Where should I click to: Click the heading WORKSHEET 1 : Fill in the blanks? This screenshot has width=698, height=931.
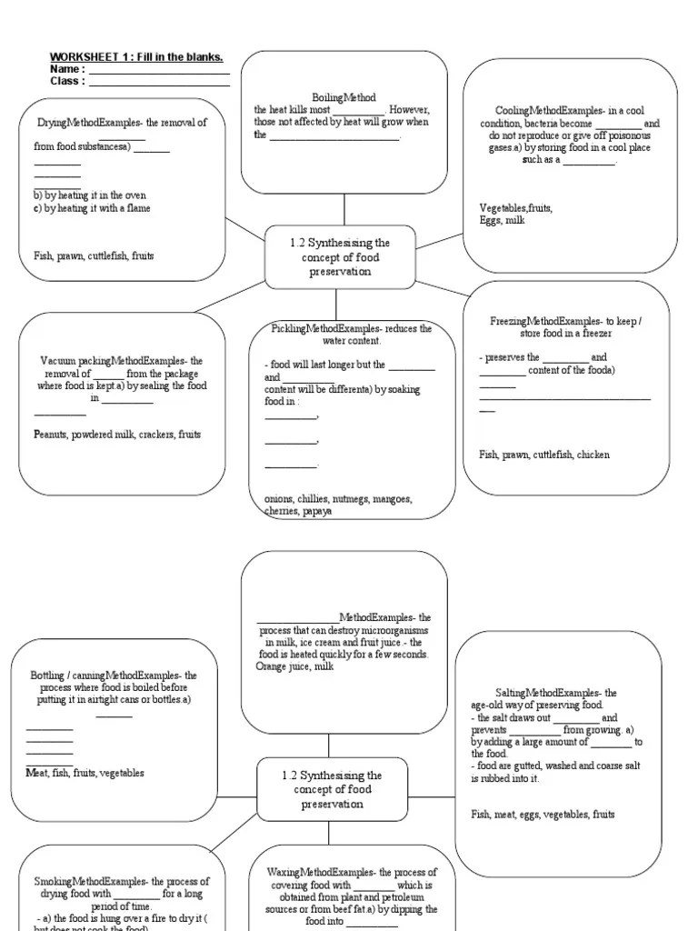tap(136, 57)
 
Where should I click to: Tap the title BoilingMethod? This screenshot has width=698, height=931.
tap(344, 97)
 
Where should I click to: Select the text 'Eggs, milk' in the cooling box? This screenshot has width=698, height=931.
tap(503, 220)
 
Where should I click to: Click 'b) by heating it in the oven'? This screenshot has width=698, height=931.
tap(89, 195)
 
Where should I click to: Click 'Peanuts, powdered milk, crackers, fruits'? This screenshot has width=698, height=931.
tap(117, 435)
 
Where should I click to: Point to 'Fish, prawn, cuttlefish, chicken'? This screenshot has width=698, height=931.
tap(544, 455)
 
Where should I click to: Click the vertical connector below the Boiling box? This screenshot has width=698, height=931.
tap(344, 210)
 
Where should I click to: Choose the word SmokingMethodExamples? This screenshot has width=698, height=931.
tap(90, 881)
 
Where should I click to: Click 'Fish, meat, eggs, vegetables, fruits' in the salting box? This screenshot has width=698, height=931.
tap(543, 815)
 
